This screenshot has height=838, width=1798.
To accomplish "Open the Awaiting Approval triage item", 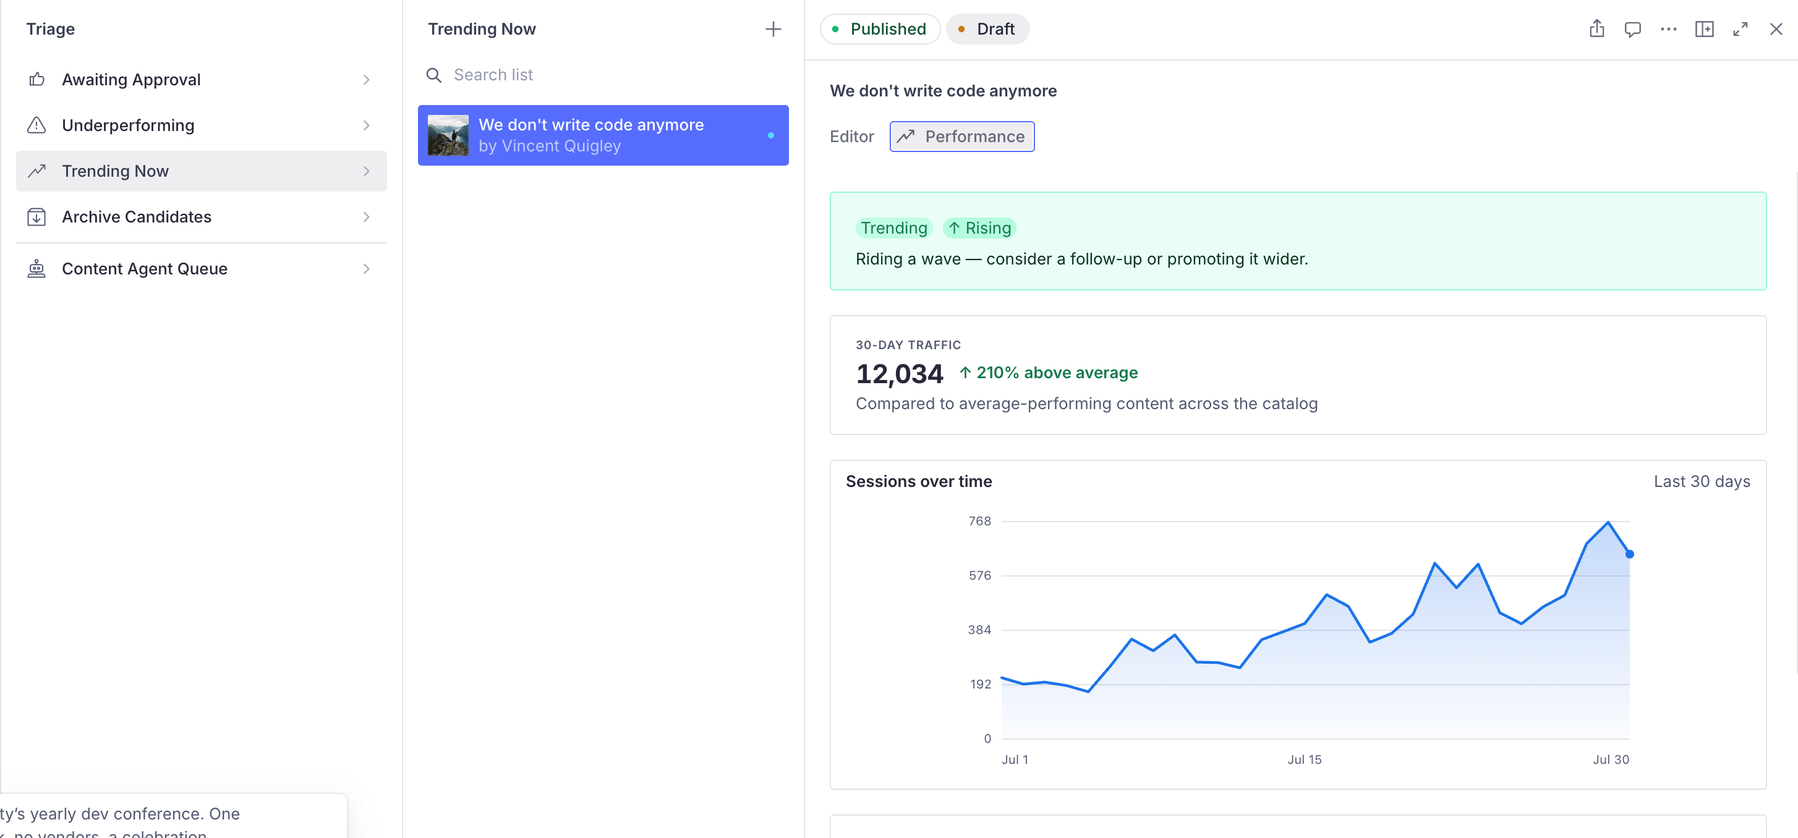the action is tap(201, 80).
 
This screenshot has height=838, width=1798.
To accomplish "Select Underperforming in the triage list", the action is tap(201, 125).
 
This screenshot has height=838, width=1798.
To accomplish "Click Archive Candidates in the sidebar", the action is tap(201, 217).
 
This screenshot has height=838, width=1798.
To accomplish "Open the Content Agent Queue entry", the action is tap(201, 269).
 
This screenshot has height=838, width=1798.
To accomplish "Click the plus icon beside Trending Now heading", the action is tap(773, 29).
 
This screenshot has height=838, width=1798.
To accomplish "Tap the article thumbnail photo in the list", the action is tap(448, 135).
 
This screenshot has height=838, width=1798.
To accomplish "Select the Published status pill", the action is tap(880, 29).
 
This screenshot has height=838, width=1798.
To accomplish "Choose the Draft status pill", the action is tap(987, 29).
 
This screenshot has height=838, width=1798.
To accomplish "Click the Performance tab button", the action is tap(962, 137).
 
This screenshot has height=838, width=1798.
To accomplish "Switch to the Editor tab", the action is tap(851, 137).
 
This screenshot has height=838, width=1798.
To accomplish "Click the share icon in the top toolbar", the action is tap(1596, 29).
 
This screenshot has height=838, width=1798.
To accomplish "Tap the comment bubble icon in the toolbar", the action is tap(1632, 29).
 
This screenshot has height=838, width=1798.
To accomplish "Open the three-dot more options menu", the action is tap(1668, 29).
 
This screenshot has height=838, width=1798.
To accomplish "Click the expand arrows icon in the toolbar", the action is tap(1740, 29).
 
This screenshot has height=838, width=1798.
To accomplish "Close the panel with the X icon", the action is tap(1776, 29).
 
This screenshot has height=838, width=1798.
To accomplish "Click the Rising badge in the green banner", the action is tap(979, 228).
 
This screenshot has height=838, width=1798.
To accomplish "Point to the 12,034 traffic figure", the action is tap(899, 374).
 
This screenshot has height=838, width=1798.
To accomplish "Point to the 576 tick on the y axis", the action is tap(979, 575).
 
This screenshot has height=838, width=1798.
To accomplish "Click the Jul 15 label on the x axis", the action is tap(1304, 759).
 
